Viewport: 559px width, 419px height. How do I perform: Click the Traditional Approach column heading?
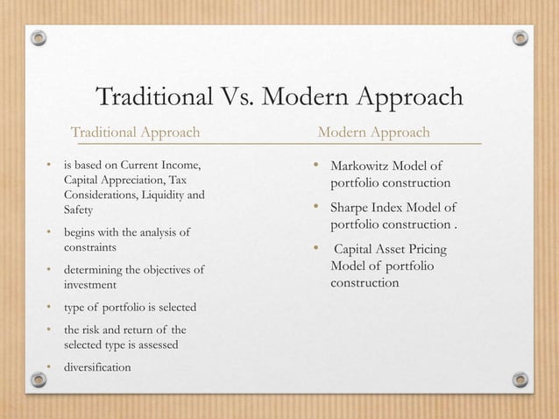(135, 132)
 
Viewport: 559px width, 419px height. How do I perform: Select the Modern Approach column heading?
(374, 132)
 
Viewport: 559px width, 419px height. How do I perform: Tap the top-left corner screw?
(38, 39)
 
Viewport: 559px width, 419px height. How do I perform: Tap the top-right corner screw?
(520, 39)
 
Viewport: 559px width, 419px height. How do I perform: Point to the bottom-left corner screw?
(38, 380)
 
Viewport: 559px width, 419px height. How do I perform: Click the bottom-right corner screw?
(520, 380)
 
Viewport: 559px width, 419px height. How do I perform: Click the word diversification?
(97, 366)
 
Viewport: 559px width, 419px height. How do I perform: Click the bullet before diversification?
(50, 366)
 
